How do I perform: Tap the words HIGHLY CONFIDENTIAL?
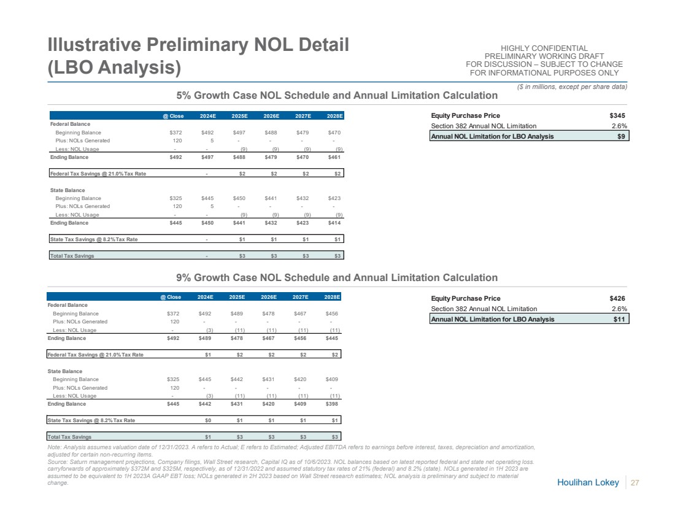click(x=544, y=48)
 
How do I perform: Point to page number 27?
click(x=635, y=483)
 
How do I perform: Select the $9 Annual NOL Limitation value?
click(x=621, y=136)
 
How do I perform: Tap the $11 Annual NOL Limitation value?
click(x=619, y=319)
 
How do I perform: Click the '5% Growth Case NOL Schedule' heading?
click(x=337, y=95)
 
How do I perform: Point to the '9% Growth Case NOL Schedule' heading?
click(x=337, y=278)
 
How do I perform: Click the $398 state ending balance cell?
click(x=332, y=404)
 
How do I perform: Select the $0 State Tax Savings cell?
click(x=207, y=420)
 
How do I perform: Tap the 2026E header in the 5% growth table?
click(x=272, y=115)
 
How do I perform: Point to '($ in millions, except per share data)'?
click(x=573, y=86)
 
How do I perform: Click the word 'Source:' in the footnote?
click(x=58, y=461)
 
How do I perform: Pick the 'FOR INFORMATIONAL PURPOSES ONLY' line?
click(x=544, y=73)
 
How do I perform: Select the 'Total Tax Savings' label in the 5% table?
click(x=72, y=256)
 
